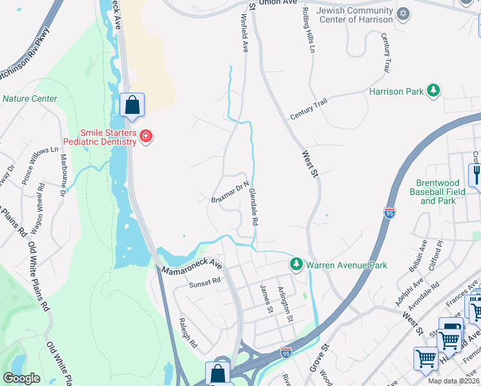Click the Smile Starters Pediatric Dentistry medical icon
(x=146, y=136)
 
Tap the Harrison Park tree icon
(x=434, y=91)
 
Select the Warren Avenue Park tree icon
(x=296, y=264)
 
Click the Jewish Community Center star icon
(x=403, y=14)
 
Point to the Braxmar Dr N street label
(x=230, y=192)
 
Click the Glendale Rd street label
(x=253, y=207)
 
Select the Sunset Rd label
(x=204, y=281)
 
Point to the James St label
(x=266, y=299)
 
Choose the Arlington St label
(x=285, y=304)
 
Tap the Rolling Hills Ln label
(x=308, y=30)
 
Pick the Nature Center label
(x=30, y=99)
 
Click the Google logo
(x=21, y=378)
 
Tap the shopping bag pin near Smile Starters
(x=132, y=106)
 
